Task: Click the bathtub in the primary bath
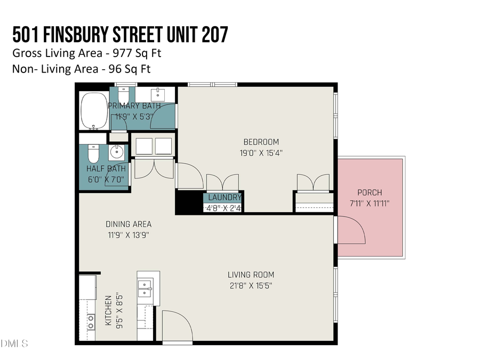click(94, 111)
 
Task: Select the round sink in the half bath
click(116, 153)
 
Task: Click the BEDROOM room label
click(261, 142)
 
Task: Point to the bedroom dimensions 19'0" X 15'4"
click(261, 153)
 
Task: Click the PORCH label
click(370, 193)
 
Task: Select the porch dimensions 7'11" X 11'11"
click(370, 203)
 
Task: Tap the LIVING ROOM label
click(250, 275)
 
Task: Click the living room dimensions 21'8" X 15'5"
click(250, 285)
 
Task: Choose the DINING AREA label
click(129, 224)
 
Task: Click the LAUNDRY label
click(225, 197)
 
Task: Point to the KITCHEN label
click(108, 311)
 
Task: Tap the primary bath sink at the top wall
click(158, 95)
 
